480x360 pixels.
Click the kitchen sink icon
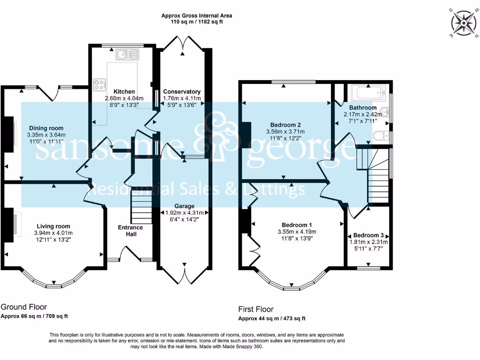click(127, 54)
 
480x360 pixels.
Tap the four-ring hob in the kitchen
click(99, 84)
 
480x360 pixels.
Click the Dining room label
click(46, 128)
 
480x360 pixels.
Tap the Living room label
click(53, 226)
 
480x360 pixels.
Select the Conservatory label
click(182, 91)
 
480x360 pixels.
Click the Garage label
click(184, 206)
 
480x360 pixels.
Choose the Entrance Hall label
click(130, 231)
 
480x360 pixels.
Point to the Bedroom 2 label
click(285, 125)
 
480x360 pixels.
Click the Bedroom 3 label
click(368, 235)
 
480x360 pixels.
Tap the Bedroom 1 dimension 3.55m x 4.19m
click(297, 232)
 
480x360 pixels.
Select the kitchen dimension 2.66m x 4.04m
click(124, 98)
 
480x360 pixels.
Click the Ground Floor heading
click(24, 307)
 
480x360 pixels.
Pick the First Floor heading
click(256, 309)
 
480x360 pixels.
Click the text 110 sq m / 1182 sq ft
click(196, 22)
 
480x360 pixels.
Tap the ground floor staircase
click(142, 207)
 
